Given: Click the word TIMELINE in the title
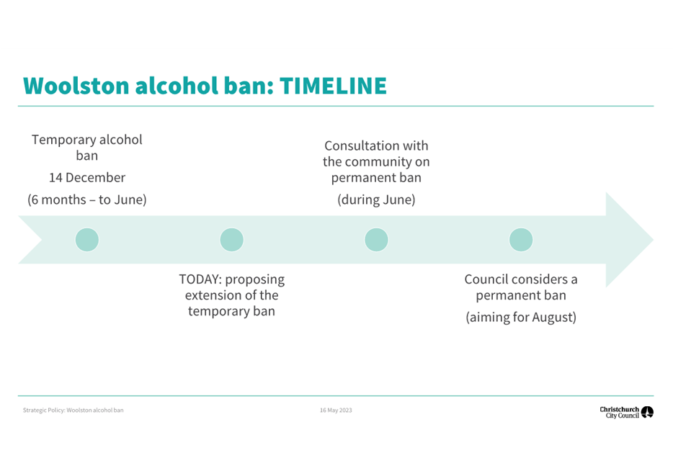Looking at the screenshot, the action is pos(333,86).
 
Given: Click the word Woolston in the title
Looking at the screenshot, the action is pos(76,86).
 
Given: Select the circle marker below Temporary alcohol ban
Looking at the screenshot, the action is pos(87,240).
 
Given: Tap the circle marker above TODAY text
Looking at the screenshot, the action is pos(232,240).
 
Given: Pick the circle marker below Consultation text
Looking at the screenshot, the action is pos(376,240).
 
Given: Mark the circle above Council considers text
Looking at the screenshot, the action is pos(521,240).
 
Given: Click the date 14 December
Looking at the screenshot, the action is pos(87,178).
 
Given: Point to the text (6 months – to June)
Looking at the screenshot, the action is pos(87,200).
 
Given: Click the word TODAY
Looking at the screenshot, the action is pos(200,279).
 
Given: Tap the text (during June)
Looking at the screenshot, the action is pos(376,200).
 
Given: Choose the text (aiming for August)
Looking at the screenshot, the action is pos(521,318).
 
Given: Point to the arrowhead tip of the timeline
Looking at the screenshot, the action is pos(654,240).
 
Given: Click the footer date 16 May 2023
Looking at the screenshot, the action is pos(336,410).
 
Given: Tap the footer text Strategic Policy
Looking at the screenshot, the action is pos(44,410).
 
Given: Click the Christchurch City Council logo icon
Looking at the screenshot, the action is pos(647,412).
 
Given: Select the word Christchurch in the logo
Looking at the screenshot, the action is pos(620,410).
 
